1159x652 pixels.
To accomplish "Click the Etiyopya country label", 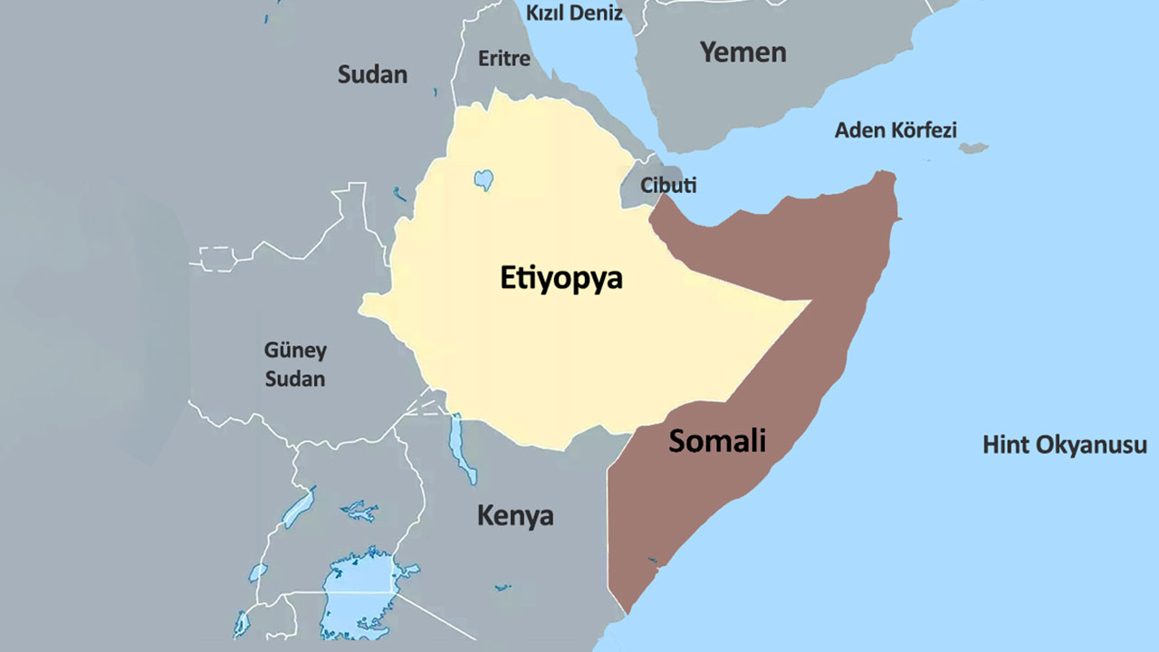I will coord(561,278).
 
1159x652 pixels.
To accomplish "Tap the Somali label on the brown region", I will coord(717,441).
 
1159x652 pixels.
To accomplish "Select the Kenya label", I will coord(515,516).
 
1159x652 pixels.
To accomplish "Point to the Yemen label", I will coord(742,52).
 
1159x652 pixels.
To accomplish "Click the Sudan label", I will coord(372,74).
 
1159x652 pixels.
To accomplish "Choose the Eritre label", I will coord(503,59).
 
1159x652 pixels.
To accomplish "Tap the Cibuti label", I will coord(668,186).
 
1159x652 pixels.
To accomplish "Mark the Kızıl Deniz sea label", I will coord(574,13).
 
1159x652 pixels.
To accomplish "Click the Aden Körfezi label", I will coord(895,129).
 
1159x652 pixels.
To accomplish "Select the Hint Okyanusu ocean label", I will coord(1065,446).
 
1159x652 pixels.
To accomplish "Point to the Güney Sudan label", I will coord(295,364).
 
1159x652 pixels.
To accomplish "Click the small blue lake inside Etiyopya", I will coord(484,178).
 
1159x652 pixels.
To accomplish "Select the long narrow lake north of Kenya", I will coord(462,449).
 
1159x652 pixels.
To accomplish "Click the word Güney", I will coord(295,350).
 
